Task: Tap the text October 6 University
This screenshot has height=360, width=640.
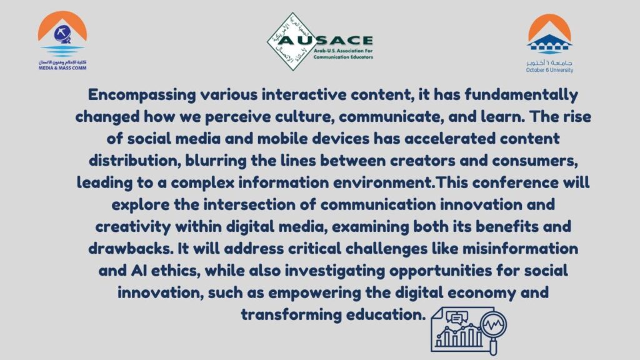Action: tap(549, 70)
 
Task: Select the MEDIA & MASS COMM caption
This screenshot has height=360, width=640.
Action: tap(62, 68)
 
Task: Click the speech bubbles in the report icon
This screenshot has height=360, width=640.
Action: tap(457, 317)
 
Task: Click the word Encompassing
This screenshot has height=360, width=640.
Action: tap(142, 95)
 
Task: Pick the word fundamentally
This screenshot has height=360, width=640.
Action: tap(521, 95)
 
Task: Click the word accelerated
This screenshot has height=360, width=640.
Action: tap(450, 138)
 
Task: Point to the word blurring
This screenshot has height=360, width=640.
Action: tap(216, 161)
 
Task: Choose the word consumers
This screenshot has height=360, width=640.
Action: tap(535, 161)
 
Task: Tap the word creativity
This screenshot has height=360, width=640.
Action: tap(133, 226)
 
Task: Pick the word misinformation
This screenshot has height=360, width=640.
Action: tap(521, 249)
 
